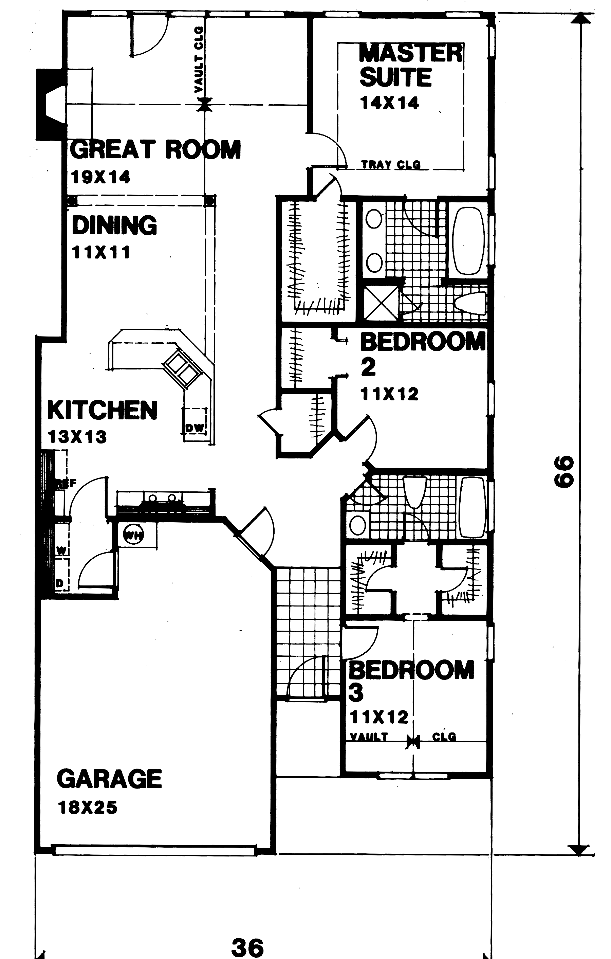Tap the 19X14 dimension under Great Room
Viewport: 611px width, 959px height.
pos(100,177)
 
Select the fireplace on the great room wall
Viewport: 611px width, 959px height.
pos(51,105)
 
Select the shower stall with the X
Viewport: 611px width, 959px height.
pos(381,304)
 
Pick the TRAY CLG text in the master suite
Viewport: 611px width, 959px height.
pos(390,164)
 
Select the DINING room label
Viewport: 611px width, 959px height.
pos(114,225)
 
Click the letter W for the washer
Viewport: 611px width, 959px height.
pos(61,551)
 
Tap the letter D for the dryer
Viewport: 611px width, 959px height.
pos(59,584)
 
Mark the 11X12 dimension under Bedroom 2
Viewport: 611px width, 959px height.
pos(389,394)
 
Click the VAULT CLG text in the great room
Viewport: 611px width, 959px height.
pos(199,60)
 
